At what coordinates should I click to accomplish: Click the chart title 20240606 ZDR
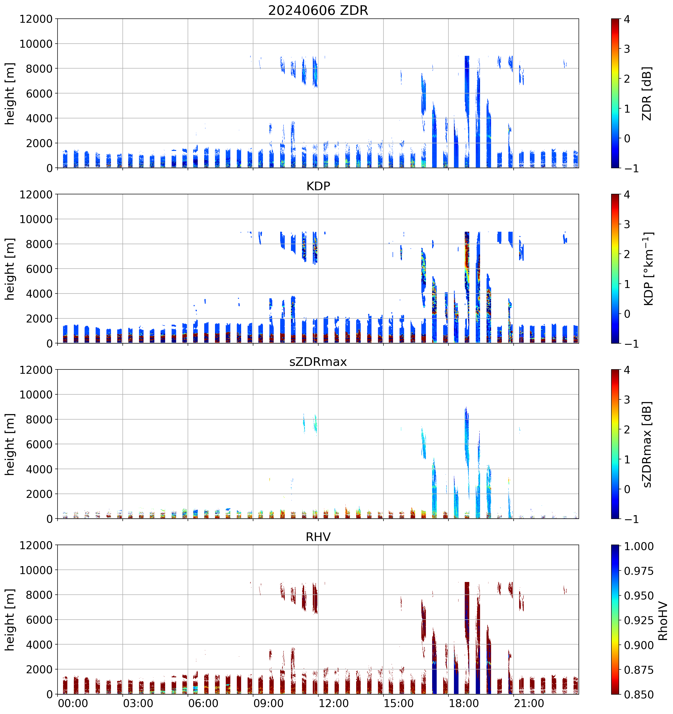318,10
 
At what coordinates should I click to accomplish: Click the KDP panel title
318,186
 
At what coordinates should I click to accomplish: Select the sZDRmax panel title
318,362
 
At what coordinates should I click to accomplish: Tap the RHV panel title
318,537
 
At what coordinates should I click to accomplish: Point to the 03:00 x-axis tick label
138,703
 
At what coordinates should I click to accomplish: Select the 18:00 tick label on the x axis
464,703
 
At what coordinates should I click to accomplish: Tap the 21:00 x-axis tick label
529,703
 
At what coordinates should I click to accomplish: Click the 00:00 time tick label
73,703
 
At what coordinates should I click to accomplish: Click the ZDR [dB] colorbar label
647,93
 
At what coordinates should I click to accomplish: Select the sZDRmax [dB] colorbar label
647,444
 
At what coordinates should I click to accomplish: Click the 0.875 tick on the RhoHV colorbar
638,670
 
